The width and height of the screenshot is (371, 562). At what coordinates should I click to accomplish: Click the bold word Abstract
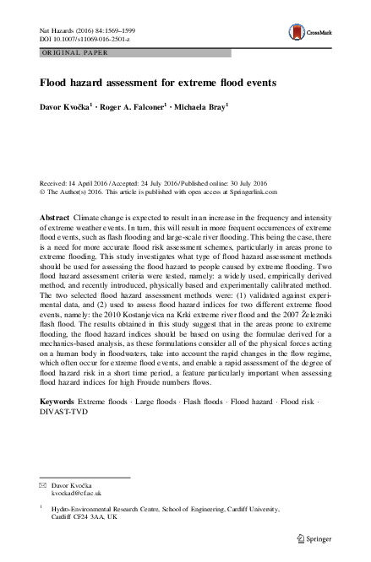56,217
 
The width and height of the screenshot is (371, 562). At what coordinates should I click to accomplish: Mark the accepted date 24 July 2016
156,182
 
